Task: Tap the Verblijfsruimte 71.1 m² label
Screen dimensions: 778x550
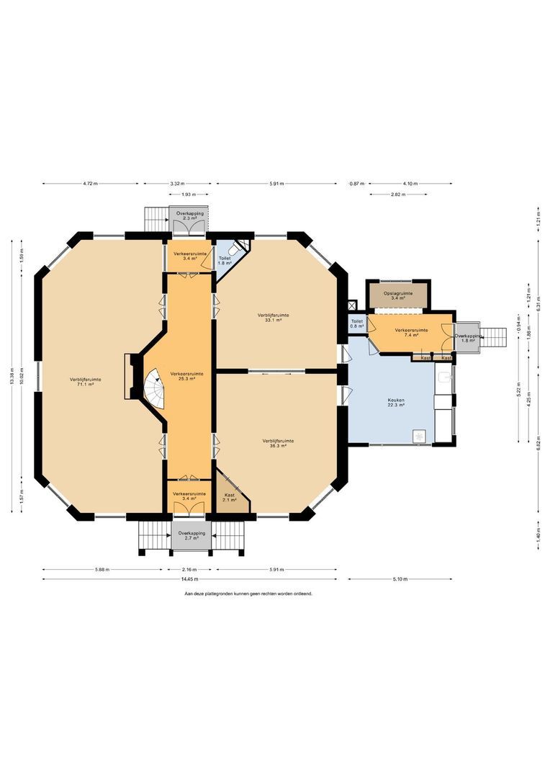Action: [x=85, y=383]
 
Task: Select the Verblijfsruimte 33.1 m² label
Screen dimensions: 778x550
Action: [x=274, y=317]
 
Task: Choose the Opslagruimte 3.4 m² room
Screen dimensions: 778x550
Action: [x=397, y=295]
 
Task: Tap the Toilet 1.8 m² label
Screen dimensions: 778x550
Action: [x=224, y=260]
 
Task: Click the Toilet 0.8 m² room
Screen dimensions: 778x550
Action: [x=356, y=324]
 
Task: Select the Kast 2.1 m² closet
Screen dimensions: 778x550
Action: [x=230, y=498]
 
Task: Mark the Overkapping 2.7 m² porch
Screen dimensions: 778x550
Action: [x=191, y=536]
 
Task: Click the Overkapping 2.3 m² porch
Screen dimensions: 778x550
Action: [x=190, y=216]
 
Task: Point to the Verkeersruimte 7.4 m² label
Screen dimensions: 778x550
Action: [x=412, y=332]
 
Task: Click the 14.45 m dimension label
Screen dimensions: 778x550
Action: [x=189, y=578]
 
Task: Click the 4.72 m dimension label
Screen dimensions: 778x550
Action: [x=90, y=184]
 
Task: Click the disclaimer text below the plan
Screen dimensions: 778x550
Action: [x=248, y=594]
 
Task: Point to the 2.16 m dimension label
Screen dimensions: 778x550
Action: [x=189, y=569]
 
